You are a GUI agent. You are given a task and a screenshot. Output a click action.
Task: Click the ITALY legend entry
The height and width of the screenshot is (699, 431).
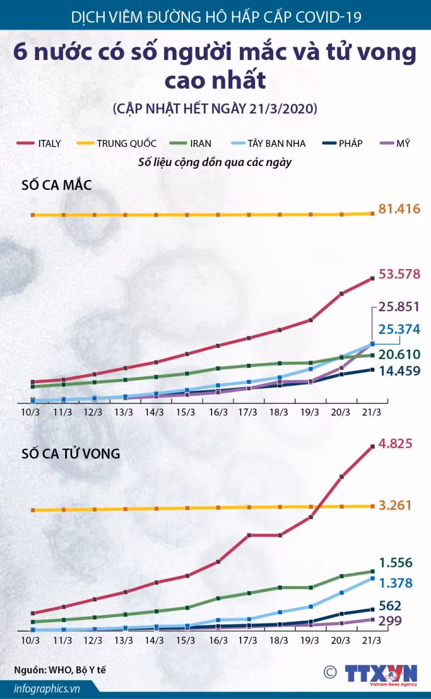[38, 143]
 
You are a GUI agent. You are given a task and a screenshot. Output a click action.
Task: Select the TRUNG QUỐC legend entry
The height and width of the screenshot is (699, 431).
[116, 143]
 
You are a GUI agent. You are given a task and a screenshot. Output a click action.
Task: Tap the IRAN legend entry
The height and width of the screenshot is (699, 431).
[190, 143]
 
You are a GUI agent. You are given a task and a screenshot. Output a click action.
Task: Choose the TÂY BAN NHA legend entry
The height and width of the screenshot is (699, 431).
[269, 143]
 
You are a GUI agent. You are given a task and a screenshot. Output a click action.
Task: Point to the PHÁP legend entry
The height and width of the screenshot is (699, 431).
[342, 143]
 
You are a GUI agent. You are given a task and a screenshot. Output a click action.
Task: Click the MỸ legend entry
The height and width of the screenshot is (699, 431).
[395, 143]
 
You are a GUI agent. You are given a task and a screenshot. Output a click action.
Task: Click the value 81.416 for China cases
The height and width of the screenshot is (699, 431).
[399, 209]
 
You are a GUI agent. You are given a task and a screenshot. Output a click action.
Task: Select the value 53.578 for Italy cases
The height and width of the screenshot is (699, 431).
[399, 274]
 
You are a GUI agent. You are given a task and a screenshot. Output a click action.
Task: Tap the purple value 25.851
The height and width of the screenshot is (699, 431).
[399, 307]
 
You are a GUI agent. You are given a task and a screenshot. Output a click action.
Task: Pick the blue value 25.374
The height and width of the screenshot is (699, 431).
[399, 329]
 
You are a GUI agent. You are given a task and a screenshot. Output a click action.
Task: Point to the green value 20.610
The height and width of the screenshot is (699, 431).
[399, 355]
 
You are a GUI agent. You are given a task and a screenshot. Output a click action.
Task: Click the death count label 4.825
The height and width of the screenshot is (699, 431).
[395, 443]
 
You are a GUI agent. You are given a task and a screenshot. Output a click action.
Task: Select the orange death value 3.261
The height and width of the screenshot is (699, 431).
[395, 505]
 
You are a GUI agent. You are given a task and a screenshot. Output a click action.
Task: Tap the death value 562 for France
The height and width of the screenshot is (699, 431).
[390, 606]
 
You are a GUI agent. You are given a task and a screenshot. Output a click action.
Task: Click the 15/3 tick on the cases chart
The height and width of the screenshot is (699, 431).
[185, 412]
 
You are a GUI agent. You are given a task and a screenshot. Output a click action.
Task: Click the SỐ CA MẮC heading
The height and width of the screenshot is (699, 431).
[56, 185]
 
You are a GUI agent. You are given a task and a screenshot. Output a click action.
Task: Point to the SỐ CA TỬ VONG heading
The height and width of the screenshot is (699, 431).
[70, 453]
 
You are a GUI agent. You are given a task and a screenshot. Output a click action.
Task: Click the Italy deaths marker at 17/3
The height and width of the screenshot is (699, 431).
[249, 535]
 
